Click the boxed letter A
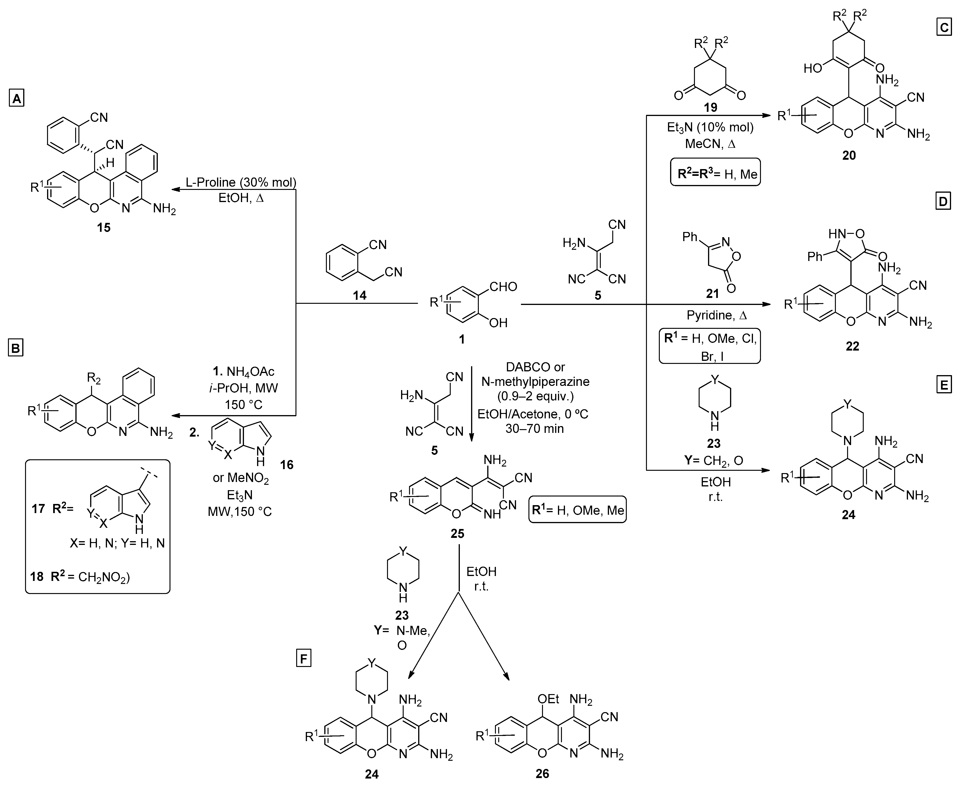pyautogui.click(x=17, y=98)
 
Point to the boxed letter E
pyautogui.click(x=944, y=385)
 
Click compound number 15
pyautogui.click(x=104, y=227)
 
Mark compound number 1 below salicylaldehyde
pyautogui.click(x=462, y=339)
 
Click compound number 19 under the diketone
pyautogui.click(x=711, y=107)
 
